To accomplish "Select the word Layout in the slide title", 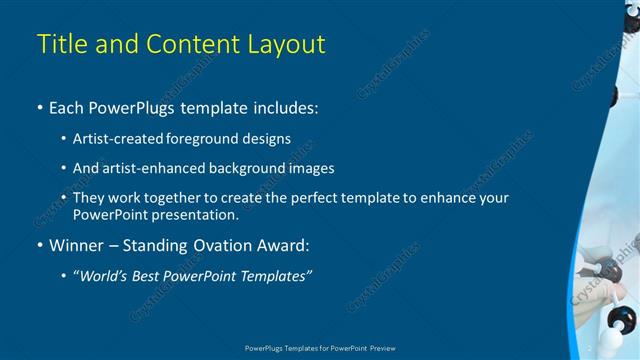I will point(288,44).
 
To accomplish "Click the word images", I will point(309,168).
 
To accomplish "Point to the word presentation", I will point(196,214).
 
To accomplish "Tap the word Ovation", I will point(215,245).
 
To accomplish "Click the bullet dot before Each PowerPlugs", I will point(39,108).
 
